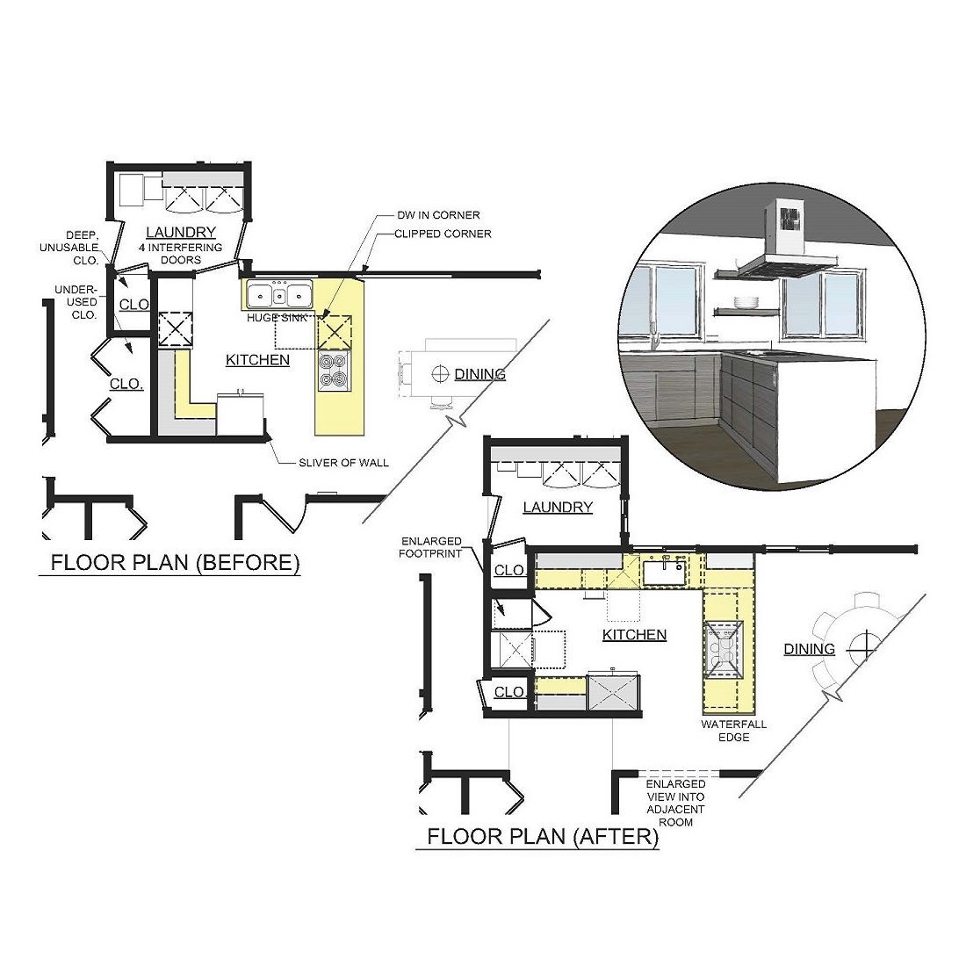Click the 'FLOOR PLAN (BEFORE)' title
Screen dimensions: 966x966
pyautogui.click(x=175, y=562)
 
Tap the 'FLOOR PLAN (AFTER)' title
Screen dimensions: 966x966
pyautogui.click(x=543, y=836)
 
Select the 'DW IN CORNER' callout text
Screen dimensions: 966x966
pyautogui.click(x=438, y=215)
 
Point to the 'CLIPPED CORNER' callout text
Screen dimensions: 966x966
pyautogui.click(x=443, y=234)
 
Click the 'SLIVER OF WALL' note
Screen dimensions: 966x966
pyautogui.click(x=343, y=463)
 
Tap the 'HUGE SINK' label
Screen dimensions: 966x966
pyautogui.click(x=277, y=318)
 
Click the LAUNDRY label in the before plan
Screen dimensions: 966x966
pyautogui.click(x=181, y=232)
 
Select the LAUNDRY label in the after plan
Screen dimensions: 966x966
pyautogui.click(x=558, y=507)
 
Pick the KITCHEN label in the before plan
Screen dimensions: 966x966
pyautogui.click(x=257, y=360)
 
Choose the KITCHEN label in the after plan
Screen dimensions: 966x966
pyautogui.click(x=635, y=635)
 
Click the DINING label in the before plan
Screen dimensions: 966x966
pyautogui.click(x=479, y=374)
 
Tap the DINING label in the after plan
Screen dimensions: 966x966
pyautogui.click(x=810, y=649)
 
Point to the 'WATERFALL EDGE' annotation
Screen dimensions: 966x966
pyautogui.click(x=734, y=731)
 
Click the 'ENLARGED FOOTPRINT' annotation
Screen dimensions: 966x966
pyautogui.click(x=430, y=547)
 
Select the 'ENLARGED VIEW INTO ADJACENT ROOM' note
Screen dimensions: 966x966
pyautogui.click(x=676, y=803)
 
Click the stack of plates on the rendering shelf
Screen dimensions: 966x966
pyautogui.click(x=746, y=302)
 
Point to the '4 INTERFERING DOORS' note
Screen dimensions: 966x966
pyautogui.click(x=181, y=254)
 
